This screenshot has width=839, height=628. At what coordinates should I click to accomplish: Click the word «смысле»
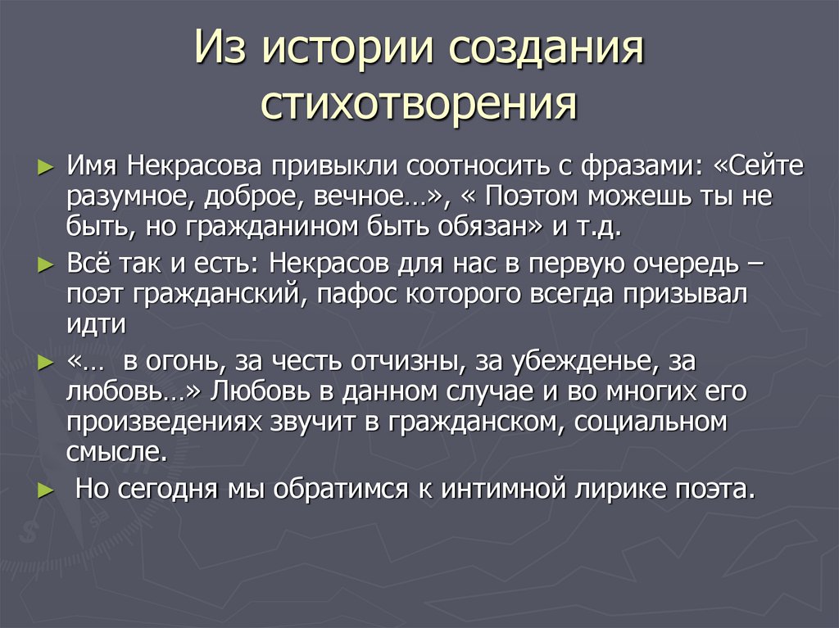[x=114, y=451]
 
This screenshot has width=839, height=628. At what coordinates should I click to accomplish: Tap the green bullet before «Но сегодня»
[x=45, y=490]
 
